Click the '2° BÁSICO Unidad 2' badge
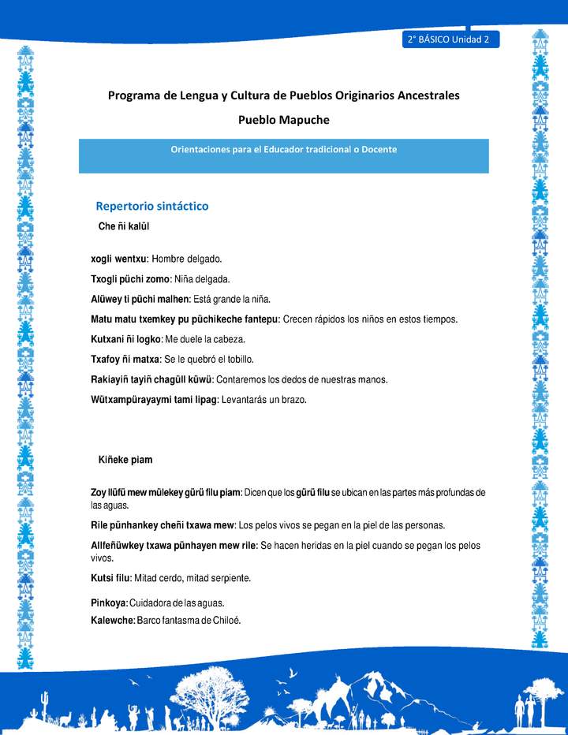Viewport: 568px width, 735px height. [x=450, y=39]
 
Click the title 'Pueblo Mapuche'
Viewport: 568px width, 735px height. [x=283, y=120]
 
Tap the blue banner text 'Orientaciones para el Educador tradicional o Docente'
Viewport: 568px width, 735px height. [x=283, y=149]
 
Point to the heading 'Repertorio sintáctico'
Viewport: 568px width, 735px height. [x=152, y=206]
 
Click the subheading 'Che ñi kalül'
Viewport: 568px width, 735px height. [x=124, y=226]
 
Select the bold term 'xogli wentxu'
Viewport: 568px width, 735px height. [x=119, y=259]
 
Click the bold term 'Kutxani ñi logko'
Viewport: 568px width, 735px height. [x=125, y=339]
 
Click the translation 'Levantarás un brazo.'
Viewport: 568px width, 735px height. [x=263, y=400]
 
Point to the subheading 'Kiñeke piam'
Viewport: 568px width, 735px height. [x=125, y=460]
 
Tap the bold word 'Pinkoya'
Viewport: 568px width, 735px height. [x=109, y=603]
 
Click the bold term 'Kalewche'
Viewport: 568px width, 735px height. [x=112, y=620]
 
